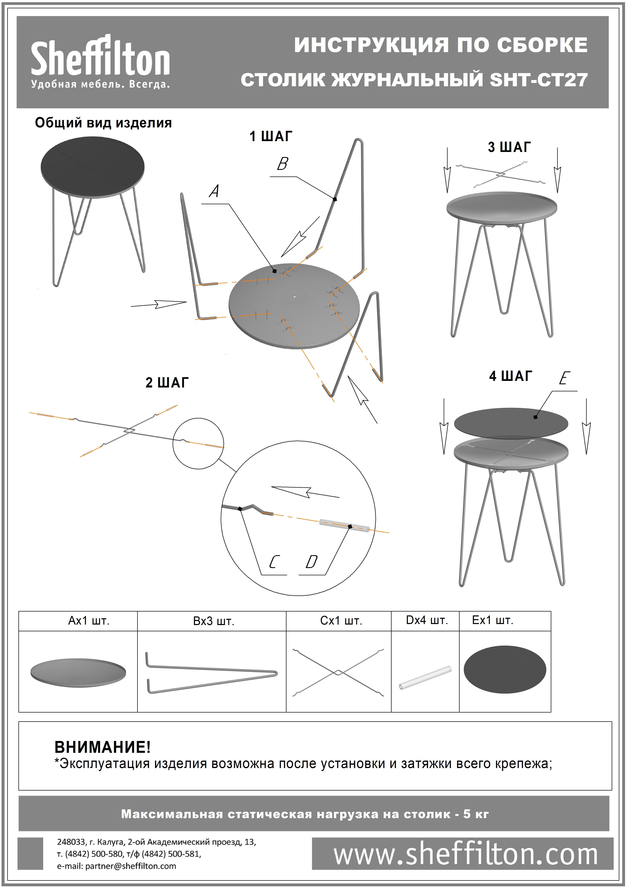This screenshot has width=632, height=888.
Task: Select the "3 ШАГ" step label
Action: (509, 147)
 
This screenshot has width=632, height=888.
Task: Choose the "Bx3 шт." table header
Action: (214, 621)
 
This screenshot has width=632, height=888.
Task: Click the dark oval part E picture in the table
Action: (505, 670)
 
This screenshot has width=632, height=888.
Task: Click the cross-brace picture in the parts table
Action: (338, 672)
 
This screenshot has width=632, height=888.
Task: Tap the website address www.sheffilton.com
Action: (465, 854)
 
